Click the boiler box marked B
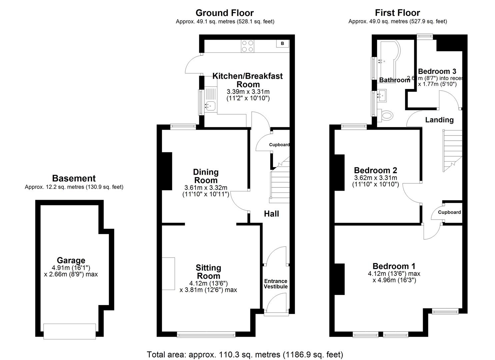[x=282, y=43]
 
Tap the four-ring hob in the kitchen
[x=247, y=46]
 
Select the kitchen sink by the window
[x=210, y=106]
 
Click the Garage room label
[x=71, y=260]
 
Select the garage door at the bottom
[x=70, y=331]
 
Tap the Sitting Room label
[x=208, y=272]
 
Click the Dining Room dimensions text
[x=206, y=191]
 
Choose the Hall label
[x=271, y=214]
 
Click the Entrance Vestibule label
[x=276, y=284]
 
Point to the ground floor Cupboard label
[x=279, y=145]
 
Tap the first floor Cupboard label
[x=449, y=212]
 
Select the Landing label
[x=439, y=120]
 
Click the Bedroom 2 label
[x=375, y=170]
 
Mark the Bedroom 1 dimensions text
[x=394, y=277]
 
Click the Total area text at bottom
[x=245, y=354]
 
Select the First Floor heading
[x=397, y=13]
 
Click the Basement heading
[x=74, y=178]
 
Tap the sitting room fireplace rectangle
[x=168, y=273]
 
